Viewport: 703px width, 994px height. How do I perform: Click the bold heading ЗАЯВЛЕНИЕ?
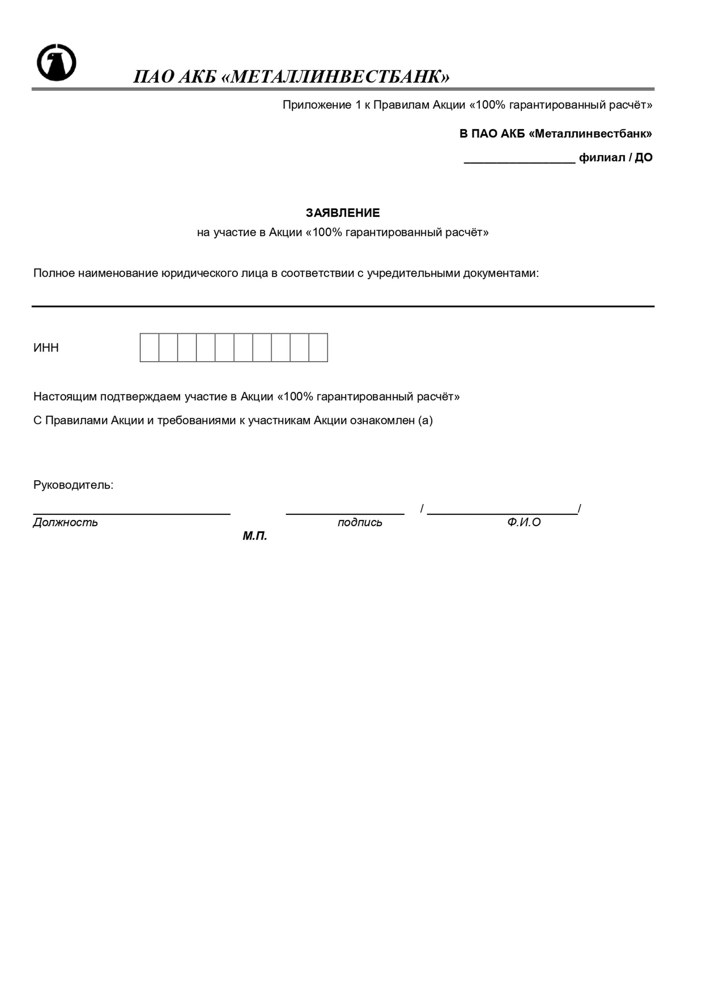pos(342,213)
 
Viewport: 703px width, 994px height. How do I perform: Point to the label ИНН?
pos(46,348)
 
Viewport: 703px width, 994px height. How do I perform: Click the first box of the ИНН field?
pos(149,348)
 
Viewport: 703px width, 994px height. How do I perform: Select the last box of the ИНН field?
pos(318,348)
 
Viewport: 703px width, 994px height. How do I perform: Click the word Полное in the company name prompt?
pos(54,273)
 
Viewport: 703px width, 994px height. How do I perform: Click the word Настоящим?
pos(65,397)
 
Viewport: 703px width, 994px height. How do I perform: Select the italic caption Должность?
pos(66,522)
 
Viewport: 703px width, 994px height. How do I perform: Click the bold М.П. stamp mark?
pos(254,536)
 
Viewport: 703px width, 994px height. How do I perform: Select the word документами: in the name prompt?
pos(501,273)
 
